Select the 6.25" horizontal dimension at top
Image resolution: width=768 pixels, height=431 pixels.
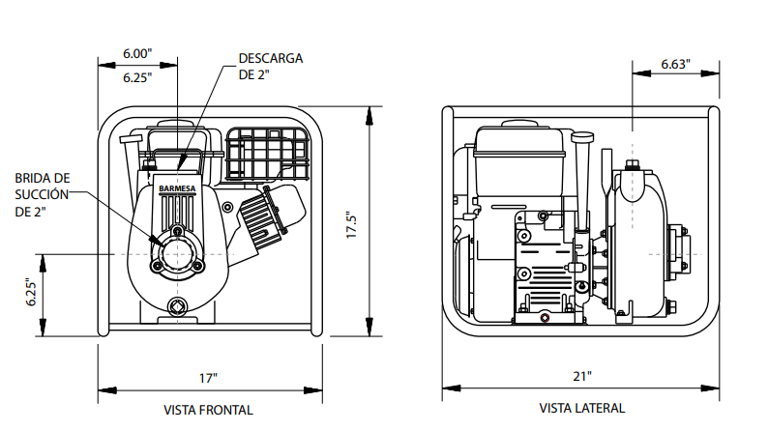pos(137,78)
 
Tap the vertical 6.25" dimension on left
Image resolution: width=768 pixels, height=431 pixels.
pos(30,293)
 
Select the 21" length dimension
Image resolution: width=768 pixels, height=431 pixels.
pos(581,376)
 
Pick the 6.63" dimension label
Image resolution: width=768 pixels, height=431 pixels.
pos(675,64)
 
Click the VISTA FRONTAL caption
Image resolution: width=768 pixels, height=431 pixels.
pos(208,410)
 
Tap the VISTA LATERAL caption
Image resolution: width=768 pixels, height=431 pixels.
pos(581,408)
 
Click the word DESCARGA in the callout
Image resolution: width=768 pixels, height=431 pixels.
pos(270,58)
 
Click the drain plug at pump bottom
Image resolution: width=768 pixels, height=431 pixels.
pos(176,307)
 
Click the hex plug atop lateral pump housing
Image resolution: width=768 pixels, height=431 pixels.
pos(633,166)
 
